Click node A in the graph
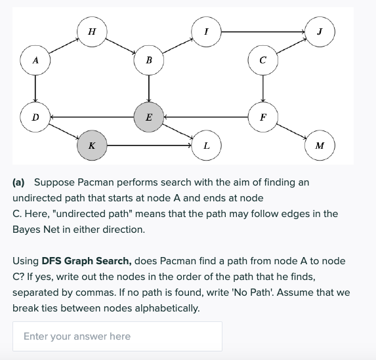(35, 60)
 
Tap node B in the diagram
(149, 60)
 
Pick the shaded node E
(149, 117)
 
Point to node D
(35, 117)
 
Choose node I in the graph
(207, 31)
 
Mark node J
(320, 31)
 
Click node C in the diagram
(262, 60)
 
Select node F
(262, 117)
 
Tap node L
(207, 145)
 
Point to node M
(320, 145)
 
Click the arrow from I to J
(263, 31)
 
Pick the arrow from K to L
(149, 145)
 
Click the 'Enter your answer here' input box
(117, 336)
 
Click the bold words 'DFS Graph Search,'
(85, 261)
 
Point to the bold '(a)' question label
(20, 182)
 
